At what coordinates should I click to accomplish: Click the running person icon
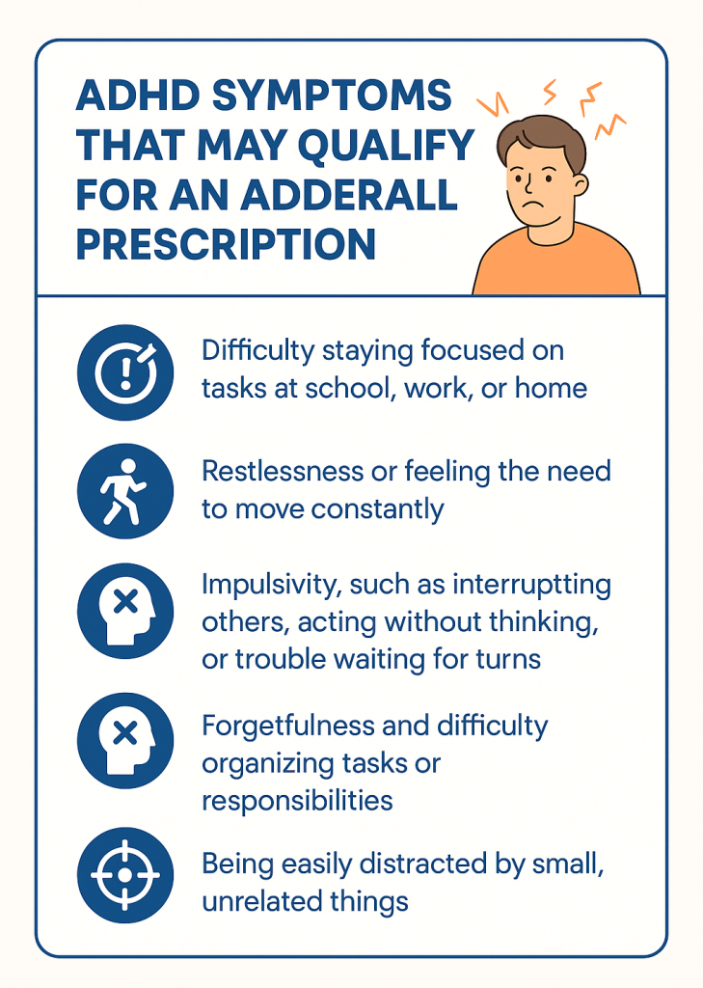coord(125,492)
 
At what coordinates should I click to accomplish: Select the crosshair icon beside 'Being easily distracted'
coord(125,875)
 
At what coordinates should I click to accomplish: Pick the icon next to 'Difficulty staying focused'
coord(125,370)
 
